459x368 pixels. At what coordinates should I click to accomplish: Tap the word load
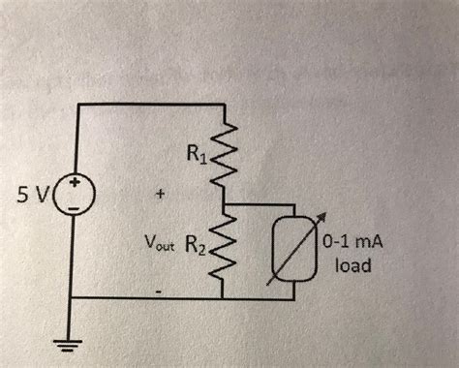tap(353, 262)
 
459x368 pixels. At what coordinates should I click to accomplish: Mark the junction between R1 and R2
tap(226, 204)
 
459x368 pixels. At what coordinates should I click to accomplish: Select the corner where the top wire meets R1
tap(226, 103)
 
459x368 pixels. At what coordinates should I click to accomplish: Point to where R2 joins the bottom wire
tap(226, 298)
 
